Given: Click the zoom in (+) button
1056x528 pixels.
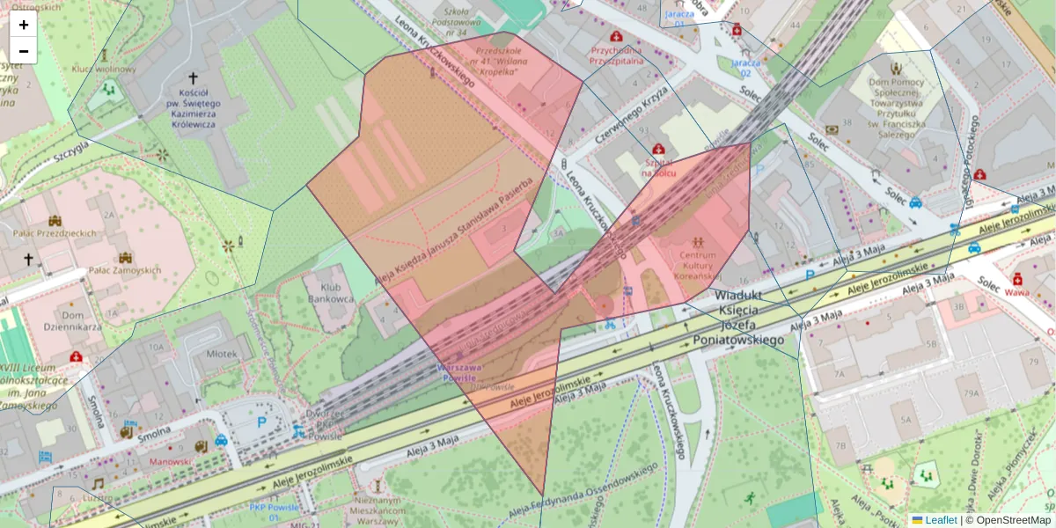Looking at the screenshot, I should pos(24,25).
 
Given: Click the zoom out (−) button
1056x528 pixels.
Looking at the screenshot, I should pos(24,51).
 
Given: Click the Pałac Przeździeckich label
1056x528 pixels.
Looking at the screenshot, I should pos(55,233).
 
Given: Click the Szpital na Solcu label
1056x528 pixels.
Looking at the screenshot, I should pos(658,168).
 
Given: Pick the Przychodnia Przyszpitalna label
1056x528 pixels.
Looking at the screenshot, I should pos(618,55).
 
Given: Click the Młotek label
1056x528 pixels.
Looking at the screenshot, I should pos(221,354).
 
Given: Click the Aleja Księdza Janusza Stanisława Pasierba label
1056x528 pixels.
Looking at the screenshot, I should pos(454,233).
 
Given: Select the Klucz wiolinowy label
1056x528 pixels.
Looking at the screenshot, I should pos(104,70).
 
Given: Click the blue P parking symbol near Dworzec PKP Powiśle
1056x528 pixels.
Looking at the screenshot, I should pos(261,422).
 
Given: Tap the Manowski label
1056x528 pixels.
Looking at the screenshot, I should pos(171,461).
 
